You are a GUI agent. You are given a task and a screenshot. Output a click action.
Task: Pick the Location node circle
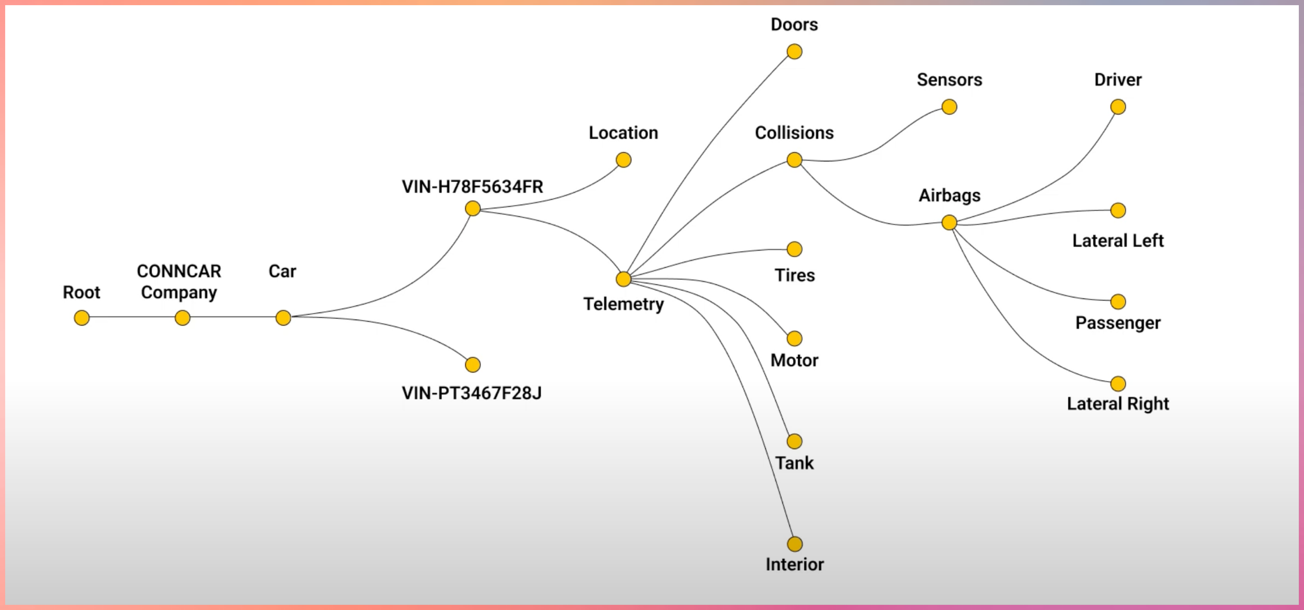pyautogui.click(x=623, y=160)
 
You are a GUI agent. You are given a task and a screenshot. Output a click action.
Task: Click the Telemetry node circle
pyautogui.click(x=623, y=279)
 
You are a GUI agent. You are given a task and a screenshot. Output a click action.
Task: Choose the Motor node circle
pyautogui.click(x=794, y=338)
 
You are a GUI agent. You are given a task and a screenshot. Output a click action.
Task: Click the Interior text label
pyautogui.click(x=794, y=564)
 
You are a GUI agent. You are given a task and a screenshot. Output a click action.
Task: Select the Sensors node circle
pyautogui.click(x=949, y=107)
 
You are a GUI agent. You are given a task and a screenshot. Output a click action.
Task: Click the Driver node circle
pyautogui.click(x=1118, y=107)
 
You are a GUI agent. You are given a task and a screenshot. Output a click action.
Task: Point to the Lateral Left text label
pyautogui.click(x=1118, y=240)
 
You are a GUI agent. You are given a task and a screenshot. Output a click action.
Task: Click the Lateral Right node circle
pyautogui.click(x=1118, y=384)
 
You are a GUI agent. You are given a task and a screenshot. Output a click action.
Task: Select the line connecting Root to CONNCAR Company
pyautogui.click(x=132, y=317)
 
